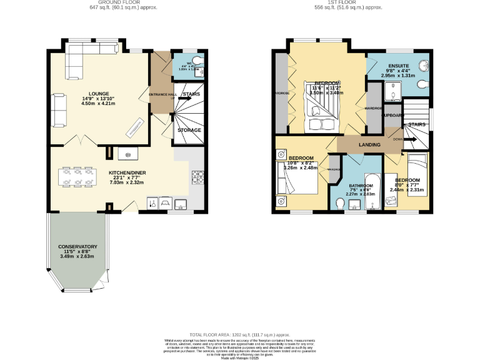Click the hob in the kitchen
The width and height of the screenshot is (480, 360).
(199, 177)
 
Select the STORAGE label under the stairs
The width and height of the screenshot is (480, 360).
(189, 130)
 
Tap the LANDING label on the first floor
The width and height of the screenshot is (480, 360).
(369, 145)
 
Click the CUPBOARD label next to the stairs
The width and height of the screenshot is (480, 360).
(391, 116)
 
